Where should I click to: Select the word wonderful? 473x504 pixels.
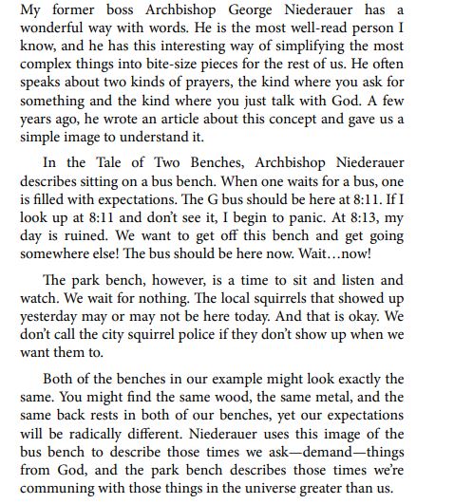tap(48, 32)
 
